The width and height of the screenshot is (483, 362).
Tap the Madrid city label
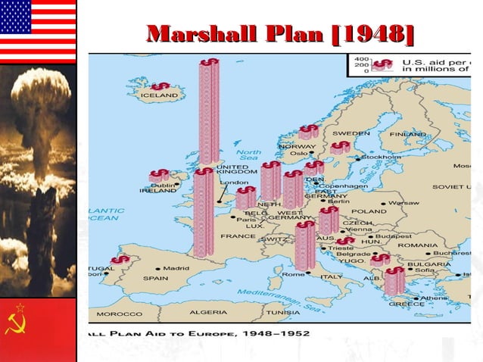[x=176, y=268]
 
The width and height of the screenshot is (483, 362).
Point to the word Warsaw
[x=406, y=203]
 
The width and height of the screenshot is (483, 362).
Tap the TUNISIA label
[x=282, y=312]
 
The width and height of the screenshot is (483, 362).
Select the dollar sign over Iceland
[x=160, y=86]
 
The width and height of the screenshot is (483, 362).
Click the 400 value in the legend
[x=362, y=58]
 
